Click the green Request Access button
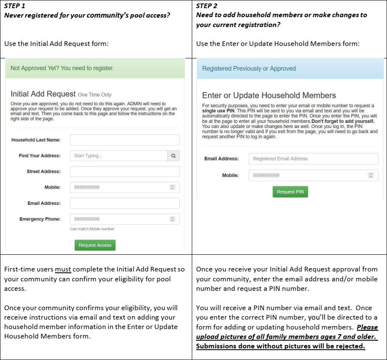tap(95, 245)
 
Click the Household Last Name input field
tap(125, 140)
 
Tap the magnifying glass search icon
tap(173, 156)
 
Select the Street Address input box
tap(125, 171)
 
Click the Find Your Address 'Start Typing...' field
tap(119, 156)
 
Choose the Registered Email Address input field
tap(313, 159)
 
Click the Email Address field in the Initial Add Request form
tap(125, 203)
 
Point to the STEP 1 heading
tap(15, 6)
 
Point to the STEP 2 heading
tap(207, 6)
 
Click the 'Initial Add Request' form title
tap(43, 94)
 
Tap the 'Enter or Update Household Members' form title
tap(269, 95)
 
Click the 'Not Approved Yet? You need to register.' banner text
tap(62, 68)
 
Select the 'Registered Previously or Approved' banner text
tap(249, 68)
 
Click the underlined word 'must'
tap(63, 269)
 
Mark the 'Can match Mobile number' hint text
tap(92, 229)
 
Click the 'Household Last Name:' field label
tap(36, 140)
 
